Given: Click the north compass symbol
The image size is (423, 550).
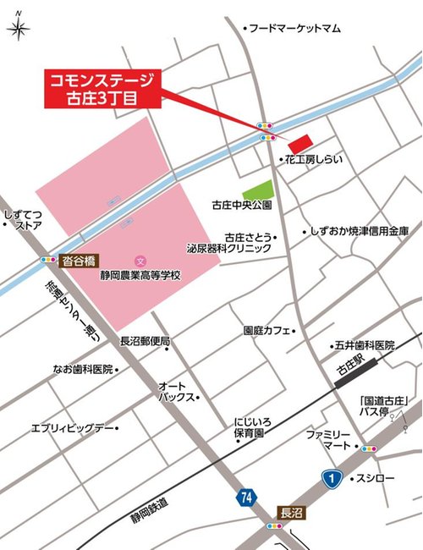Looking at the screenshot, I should (18, 28).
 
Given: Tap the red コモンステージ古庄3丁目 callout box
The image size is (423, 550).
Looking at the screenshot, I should (102, 89).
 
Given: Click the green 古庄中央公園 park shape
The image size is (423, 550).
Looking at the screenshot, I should (258, 190).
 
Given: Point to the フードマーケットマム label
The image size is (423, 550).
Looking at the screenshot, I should (295, 28).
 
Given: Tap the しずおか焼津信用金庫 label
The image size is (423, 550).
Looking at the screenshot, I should (360, 230).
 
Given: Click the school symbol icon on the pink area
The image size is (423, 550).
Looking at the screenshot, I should (140, 259).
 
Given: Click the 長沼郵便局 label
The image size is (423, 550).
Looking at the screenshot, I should (145, 341).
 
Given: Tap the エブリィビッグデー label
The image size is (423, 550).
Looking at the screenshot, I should (72, 428).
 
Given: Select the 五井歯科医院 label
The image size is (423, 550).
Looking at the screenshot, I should (365, 345).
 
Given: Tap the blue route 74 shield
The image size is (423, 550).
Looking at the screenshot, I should (245, 498).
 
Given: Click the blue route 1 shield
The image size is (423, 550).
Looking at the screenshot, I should (332, 478).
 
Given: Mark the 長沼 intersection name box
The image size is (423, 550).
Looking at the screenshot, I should (290, 513).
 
